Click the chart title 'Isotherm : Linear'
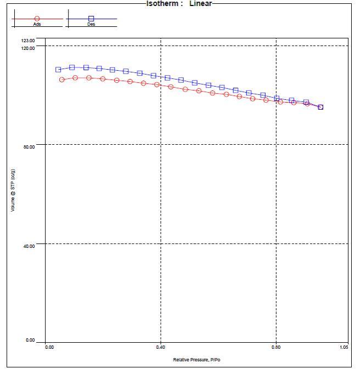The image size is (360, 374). [179, 3]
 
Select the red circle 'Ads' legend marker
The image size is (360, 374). [37, 19]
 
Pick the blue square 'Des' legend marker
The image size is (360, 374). [91, 19]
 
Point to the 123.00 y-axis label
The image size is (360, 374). [28, 41]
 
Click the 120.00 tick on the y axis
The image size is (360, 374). [28, 48]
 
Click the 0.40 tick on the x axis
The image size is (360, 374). [161, 347]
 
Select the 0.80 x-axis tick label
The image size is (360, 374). [276, 347]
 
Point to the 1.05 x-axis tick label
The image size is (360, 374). [344, 347]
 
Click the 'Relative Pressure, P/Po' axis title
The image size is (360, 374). [196, 360]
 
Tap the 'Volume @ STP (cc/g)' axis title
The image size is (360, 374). [13, 190]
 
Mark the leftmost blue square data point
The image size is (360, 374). [58, 70]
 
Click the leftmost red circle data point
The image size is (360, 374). [62, 80]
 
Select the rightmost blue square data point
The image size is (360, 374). [320, 107]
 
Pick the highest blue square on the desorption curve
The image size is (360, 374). [72, 67]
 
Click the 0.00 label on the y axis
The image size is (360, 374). [30, 341]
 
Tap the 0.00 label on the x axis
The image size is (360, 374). [49, 347]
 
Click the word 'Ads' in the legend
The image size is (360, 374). [37, 24]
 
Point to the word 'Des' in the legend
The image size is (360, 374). [91, 24]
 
